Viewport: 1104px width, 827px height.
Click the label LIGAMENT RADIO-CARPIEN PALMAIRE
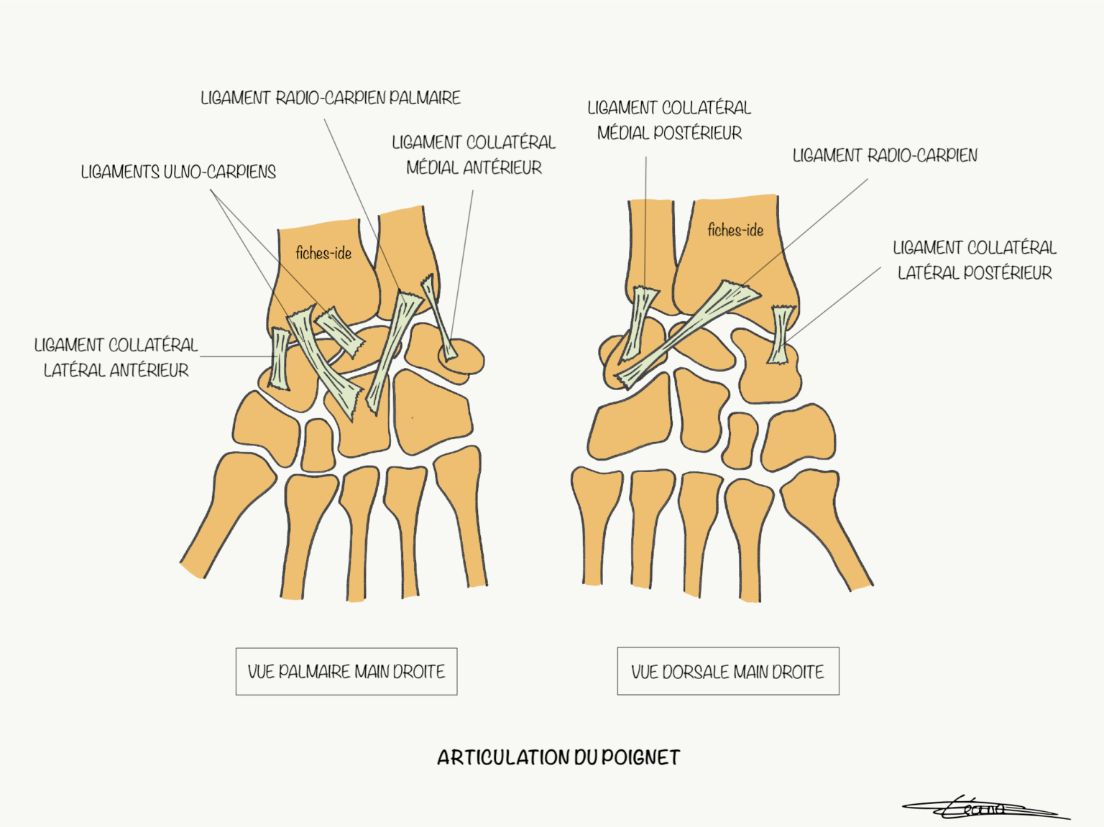[x=331, y=98]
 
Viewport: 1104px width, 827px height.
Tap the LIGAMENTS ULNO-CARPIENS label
[x=178, y=172]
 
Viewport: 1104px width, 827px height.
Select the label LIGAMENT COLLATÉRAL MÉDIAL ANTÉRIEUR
[x=474, y=154]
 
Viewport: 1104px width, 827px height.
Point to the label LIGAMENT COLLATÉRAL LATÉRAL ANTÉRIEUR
[x=116, y=357]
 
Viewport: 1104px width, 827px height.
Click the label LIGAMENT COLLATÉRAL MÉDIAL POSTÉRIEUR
[x=669, y=120]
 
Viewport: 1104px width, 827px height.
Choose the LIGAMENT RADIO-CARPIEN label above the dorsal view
[x=885, y=155]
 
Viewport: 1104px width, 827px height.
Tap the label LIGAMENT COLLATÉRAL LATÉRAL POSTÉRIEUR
[x=975, y=260]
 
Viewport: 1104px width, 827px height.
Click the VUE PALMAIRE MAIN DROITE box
[x=346, y=672]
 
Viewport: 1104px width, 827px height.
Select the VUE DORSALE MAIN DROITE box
[x=727, y=672]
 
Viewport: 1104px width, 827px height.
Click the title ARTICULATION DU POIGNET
[x=558, y=757]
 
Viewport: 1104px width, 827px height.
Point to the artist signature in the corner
[x=985, y=809]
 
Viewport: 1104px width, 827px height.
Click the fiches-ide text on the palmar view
[x=323, y=253]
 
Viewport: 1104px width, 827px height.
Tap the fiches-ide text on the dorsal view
[x=735, y=230]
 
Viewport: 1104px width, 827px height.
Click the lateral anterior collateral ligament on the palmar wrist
[x=280, y=359]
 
